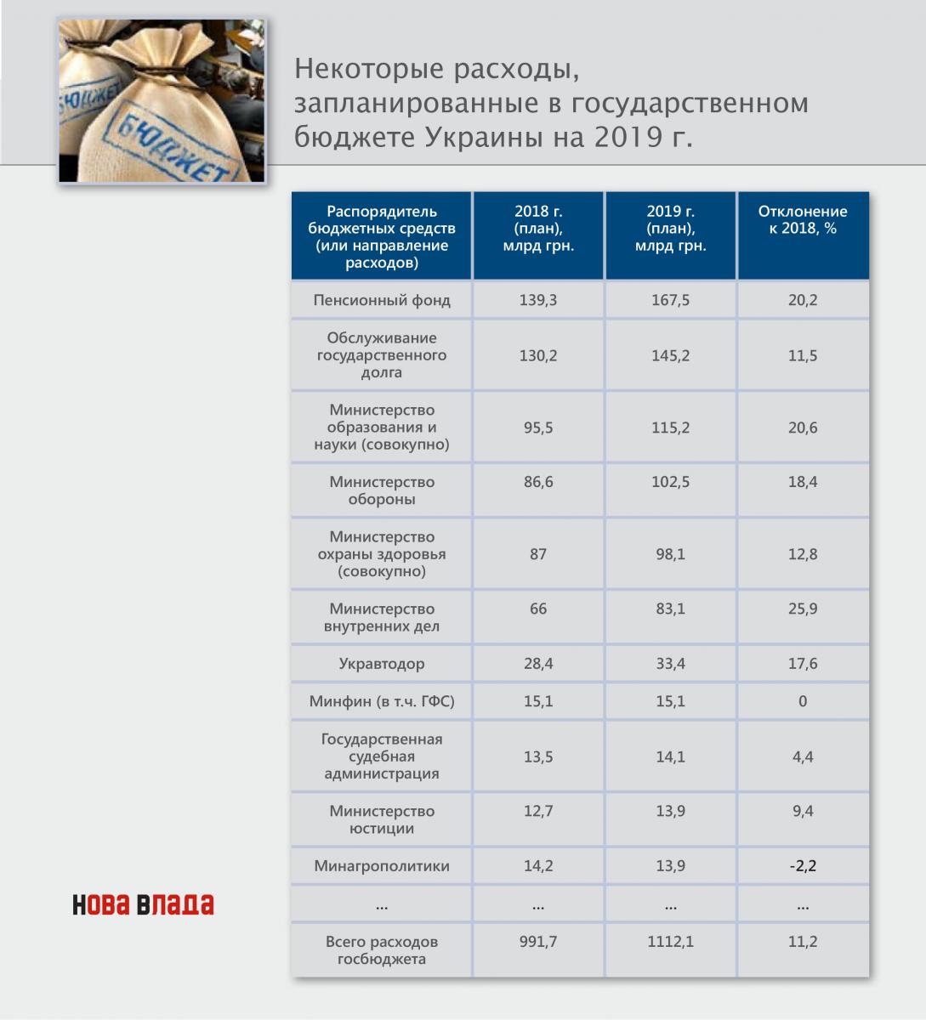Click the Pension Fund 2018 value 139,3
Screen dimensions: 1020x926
[538, 300]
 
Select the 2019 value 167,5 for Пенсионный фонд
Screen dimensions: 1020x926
[671, 300]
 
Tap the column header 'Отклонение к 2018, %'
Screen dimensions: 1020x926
[803, 220]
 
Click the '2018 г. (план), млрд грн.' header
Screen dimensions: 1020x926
[538, 229]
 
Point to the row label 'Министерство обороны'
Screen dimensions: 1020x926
[382, 490]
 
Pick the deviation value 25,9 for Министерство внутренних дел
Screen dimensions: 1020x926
[803, 609]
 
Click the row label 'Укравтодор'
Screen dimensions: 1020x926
[382, 664]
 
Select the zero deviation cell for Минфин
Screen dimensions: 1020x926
[803, 701]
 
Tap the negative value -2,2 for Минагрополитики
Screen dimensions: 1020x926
[803, 866]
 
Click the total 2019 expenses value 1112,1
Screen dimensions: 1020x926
[671, 942]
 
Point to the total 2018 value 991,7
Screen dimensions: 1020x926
[538, 942]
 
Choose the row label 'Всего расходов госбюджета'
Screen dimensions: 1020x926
[382, 950]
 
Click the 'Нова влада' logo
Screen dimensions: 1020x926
[143, 904]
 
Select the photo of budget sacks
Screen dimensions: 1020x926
[162, 100]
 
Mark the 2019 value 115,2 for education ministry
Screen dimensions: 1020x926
[671, 428]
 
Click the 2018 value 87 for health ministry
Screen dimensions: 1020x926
[538, 554]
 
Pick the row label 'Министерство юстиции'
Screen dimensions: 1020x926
[382, 819]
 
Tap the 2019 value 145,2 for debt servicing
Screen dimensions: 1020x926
[671, 355]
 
